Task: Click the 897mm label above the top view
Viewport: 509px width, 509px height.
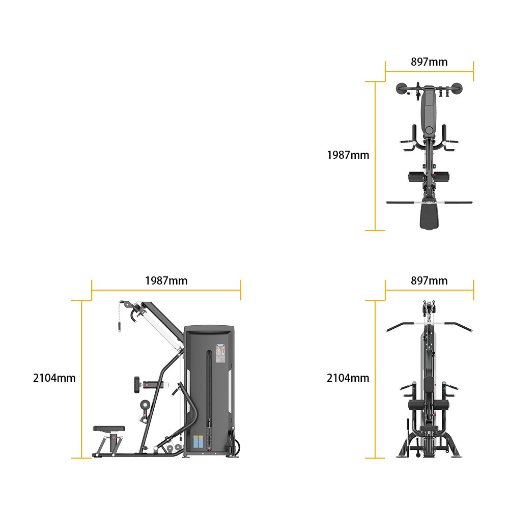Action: point(429,62)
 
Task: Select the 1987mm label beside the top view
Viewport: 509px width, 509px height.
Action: point(348,155)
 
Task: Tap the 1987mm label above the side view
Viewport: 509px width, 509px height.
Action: point(166,281)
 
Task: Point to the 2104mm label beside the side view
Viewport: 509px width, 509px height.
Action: point(54,378)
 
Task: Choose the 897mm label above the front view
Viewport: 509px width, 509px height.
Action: point(429,281)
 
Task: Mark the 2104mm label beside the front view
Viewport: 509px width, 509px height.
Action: point(348,378)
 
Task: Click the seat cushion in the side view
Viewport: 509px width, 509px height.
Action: point(109,429)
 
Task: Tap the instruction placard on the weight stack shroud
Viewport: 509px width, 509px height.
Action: point(220,354)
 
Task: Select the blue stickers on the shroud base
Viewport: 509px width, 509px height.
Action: point(198,441)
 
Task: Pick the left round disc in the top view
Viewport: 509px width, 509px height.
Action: point(401,88)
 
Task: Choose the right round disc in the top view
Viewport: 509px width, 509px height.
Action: point(457,88)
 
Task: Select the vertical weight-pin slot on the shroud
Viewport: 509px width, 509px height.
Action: point(209,399)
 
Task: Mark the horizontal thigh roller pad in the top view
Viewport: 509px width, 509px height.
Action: point(429,177)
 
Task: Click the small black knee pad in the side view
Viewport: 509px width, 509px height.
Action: point(136,385)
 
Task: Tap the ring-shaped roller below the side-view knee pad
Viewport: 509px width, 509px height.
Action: point(145,405)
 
